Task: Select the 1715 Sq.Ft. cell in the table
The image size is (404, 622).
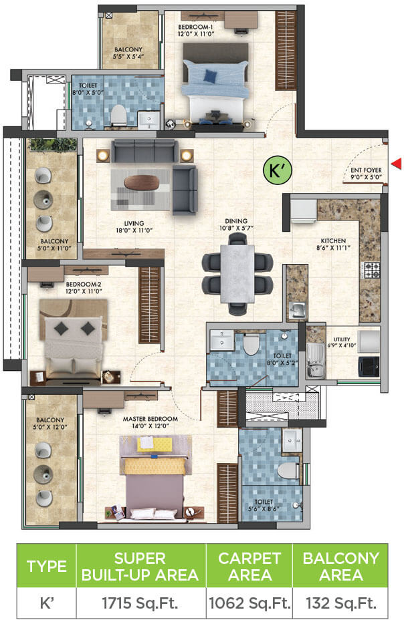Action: point(140,603)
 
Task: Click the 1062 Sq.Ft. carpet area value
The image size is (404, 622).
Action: point(249,603)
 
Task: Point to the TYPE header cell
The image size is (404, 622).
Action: point(46,566)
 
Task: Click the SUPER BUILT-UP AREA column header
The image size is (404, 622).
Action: point(140,566)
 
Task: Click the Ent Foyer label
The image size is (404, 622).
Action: point(366,174)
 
